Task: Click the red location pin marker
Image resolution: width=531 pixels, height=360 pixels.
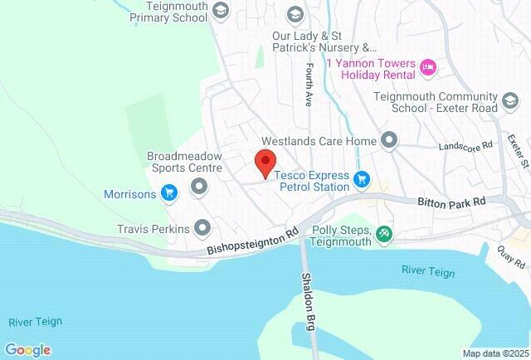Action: pos(265,162)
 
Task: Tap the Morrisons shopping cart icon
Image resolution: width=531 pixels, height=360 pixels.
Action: pos(169,194)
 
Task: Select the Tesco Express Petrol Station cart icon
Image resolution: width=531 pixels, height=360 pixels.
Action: pos(361,178)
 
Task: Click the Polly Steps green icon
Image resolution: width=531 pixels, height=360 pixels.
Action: pos(383,235)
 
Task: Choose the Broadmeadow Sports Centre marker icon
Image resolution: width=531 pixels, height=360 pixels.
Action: pos(198,188)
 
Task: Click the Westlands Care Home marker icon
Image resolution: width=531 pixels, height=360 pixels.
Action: pos(388,139)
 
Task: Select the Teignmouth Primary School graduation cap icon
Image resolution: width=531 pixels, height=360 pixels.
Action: pos(220,11)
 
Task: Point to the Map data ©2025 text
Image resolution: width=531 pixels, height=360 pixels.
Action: pos(494,353)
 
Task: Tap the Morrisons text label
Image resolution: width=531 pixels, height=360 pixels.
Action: pos(129,195)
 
